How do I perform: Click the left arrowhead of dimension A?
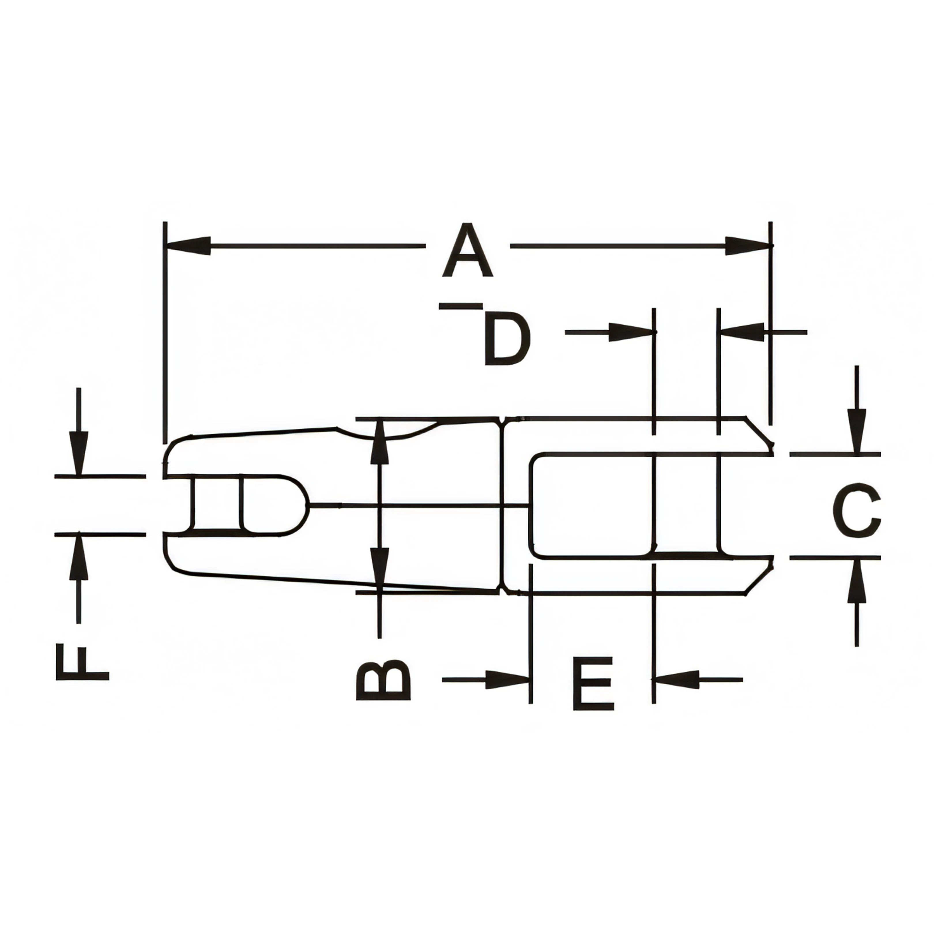click(189, 246)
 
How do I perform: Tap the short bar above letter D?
click(461, 306)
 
